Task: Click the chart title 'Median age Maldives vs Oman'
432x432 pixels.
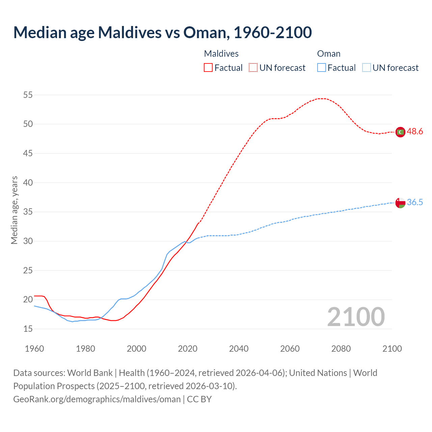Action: (162, 32)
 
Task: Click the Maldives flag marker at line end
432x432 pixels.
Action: (400, 132)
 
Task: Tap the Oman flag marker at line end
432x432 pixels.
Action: (400, 203)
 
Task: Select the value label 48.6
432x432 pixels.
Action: (415, 132)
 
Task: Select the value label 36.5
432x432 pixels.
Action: (415, 202)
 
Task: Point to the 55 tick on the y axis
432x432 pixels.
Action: (28, 95)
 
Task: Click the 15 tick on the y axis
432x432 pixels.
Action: (28, 329)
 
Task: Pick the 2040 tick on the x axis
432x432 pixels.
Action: (239, 349)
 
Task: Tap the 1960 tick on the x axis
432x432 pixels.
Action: (34, 349)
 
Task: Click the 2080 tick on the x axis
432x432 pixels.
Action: (341, 349)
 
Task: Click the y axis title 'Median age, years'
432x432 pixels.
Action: (14, 210)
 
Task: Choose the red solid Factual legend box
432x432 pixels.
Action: (208, 67)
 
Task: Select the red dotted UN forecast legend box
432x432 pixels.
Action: (253, 67)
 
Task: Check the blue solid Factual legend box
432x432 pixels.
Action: (321, 67)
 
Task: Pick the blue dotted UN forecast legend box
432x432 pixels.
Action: (366, 67)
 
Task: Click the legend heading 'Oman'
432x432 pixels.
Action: (329, 54)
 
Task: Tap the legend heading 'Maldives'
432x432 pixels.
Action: (221, 54)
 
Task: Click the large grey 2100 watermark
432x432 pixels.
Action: (356, 317)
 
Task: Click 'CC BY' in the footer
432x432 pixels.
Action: (199, 399)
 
